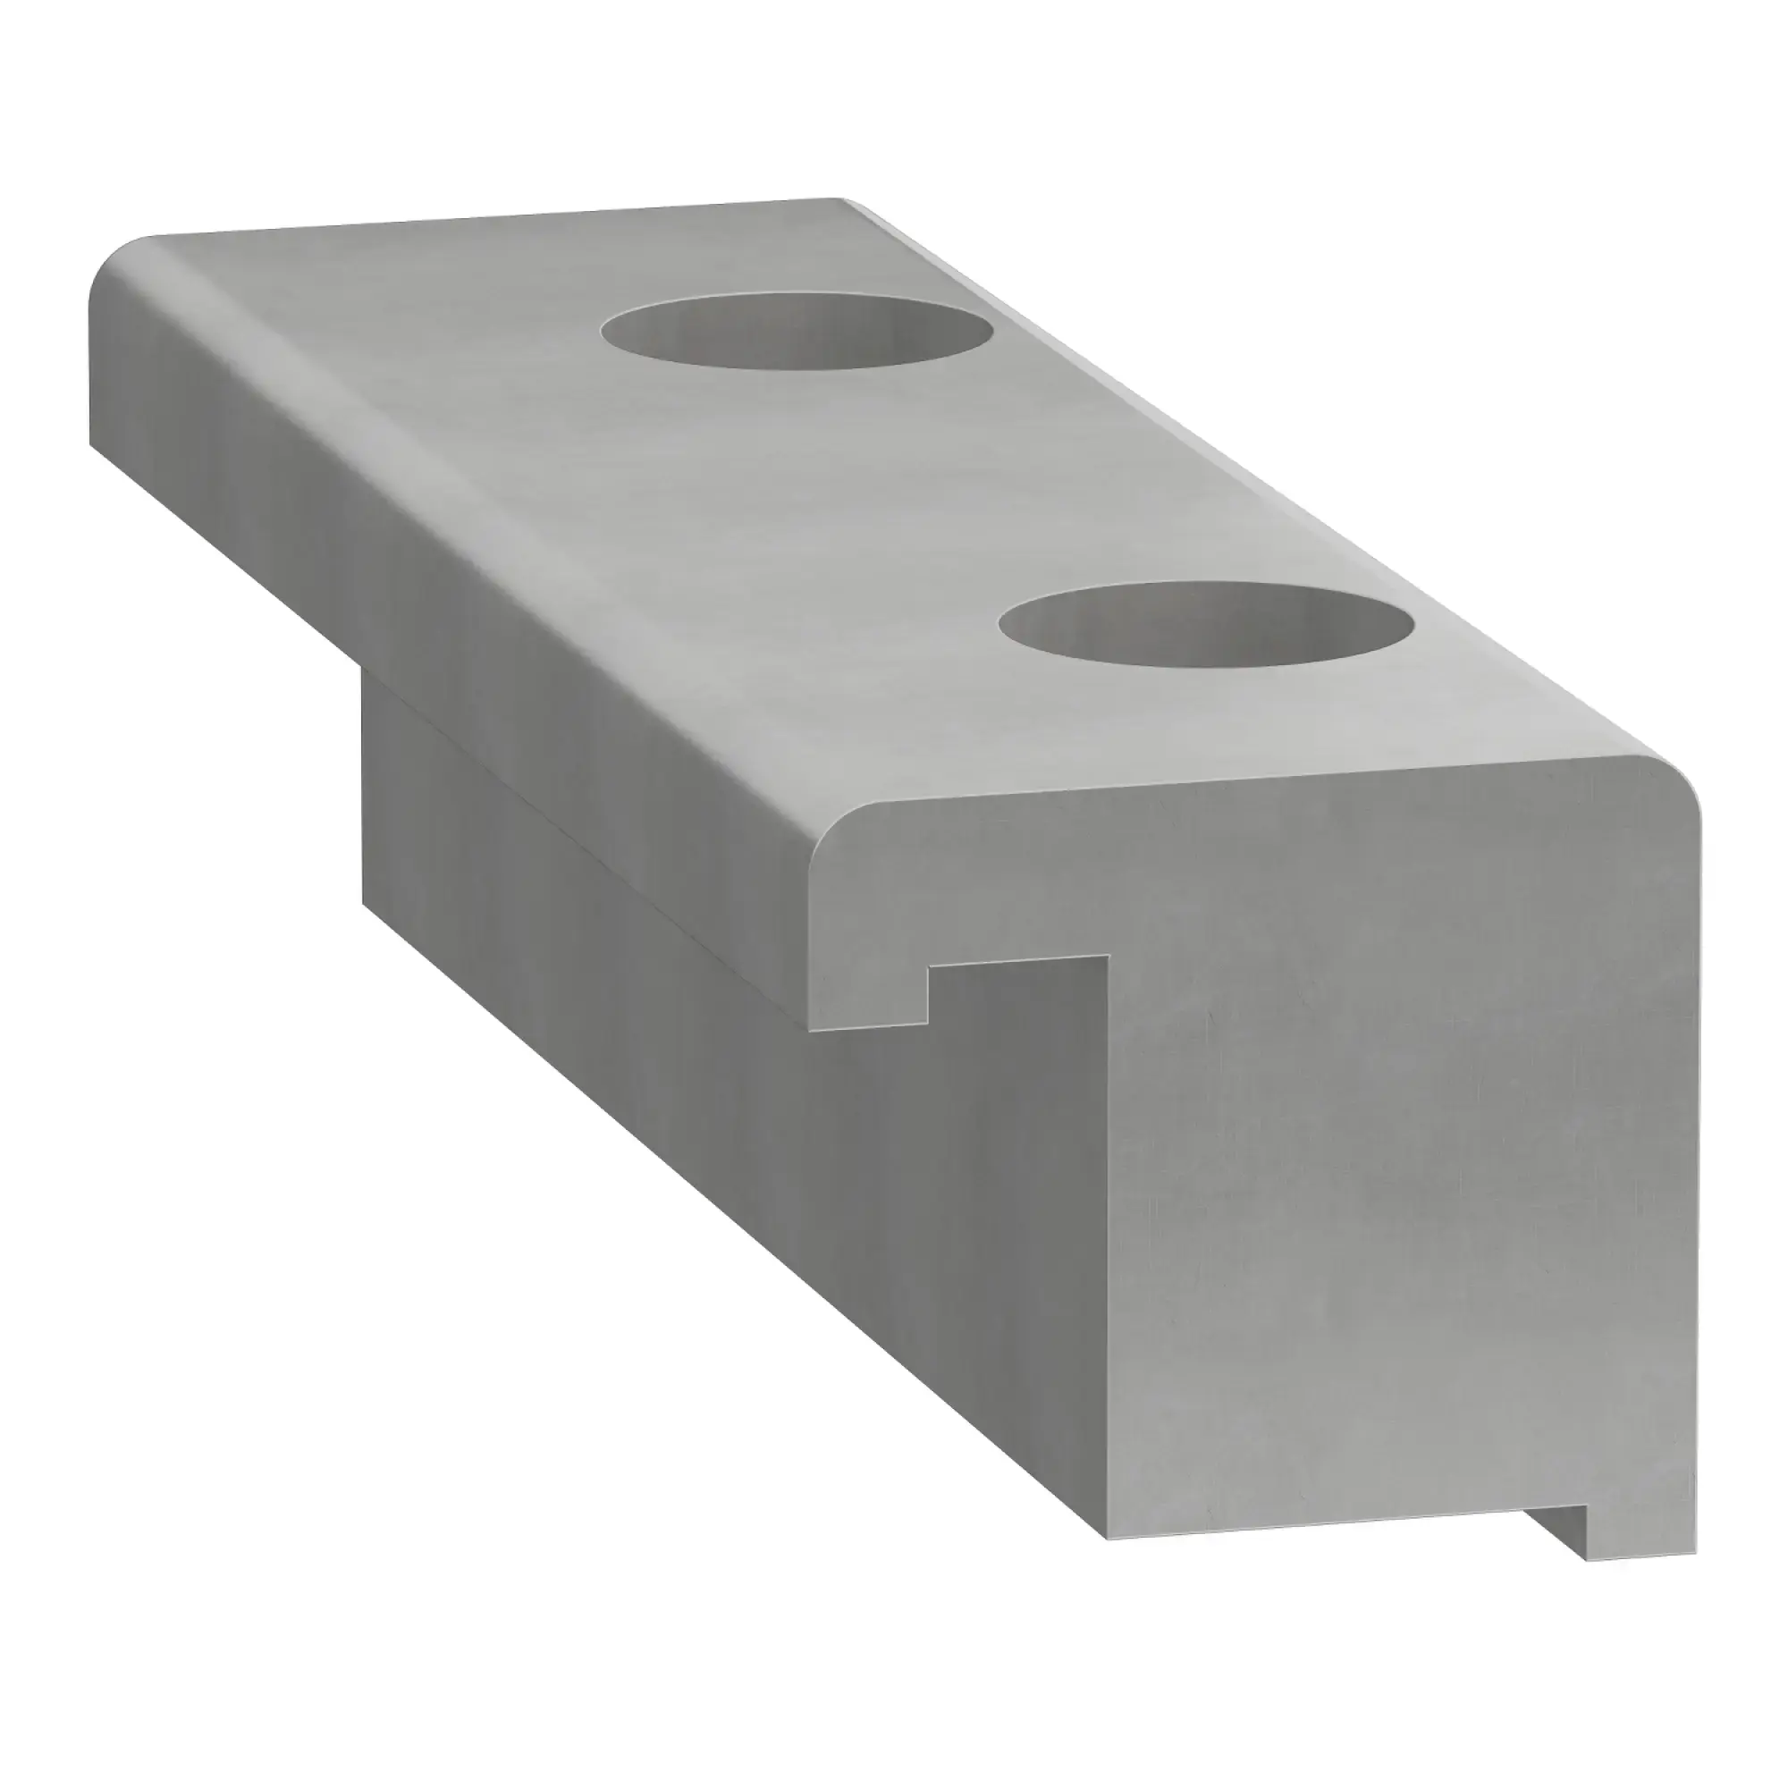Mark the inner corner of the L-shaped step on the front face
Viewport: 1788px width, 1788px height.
pyautogui.click(x=1107, y=957)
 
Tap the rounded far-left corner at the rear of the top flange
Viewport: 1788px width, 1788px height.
pyautogui.click(x=111, y=278)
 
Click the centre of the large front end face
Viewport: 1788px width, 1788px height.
pyautogui.click(x=1388, y=1157)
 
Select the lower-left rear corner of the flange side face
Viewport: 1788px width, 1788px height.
pyautogui.click(x=93, y=444)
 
